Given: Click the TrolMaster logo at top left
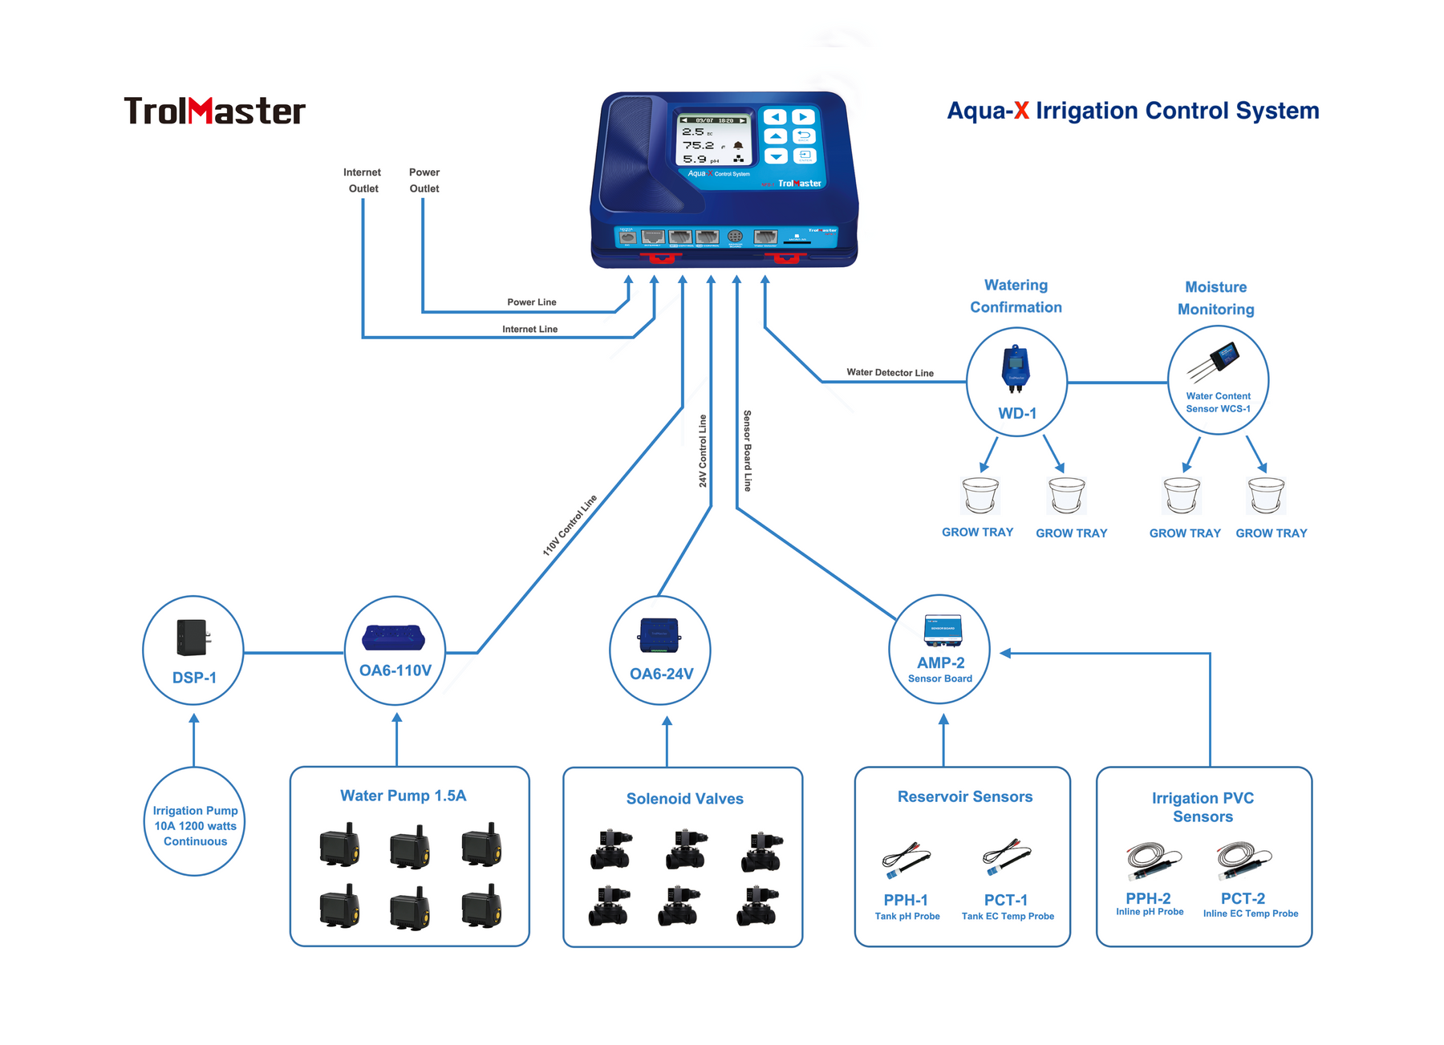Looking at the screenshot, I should point(214,111).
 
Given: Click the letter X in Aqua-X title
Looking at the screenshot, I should point(1020,111).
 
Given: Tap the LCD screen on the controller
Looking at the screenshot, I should point(713,140).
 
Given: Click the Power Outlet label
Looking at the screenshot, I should point(424,180).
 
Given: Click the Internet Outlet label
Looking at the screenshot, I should point(363,180).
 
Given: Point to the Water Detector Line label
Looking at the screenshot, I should point(890,372).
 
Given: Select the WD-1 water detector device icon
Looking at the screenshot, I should point(1015,369).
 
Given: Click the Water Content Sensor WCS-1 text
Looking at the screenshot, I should point(1218,402).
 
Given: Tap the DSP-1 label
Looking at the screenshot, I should point(194,678).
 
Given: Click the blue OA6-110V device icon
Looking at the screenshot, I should point(393,638).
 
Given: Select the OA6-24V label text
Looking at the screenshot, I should point(661,674).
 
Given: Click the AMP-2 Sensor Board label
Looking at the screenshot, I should point(940,669).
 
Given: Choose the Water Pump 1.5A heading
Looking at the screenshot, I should point(403,796).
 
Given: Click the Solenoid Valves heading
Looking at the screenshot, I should point(684,799).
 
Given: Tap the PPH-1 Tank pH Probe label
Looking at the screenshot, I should point(907,906).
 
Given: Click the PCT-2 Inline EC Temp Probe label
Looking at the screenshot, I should point(1249,905).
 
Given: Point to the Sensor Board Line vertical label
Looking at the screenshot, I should point(747,451).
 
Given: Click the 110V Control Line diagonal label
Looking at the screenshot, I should point(570,525).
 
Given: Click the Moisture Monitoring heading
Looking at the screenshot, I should point(1215,298).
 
